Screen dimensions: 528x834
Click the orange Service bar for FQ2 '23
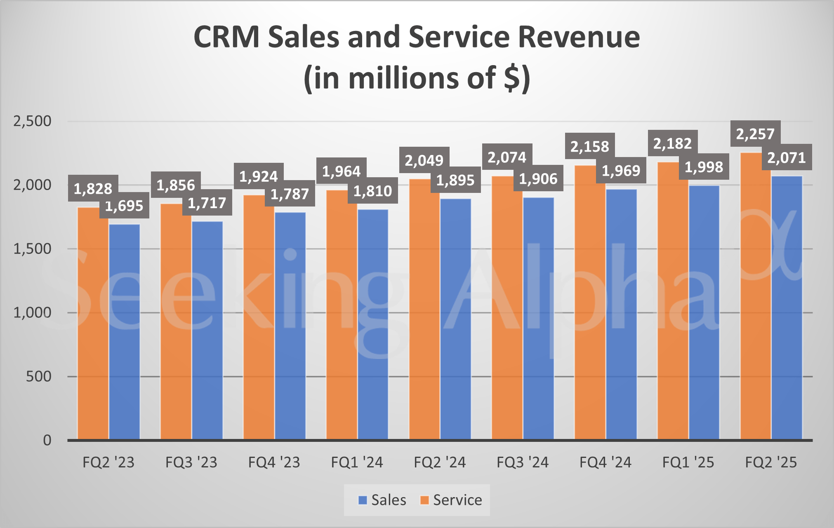coord(93,326)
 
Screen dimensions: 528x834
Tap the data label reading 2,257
coord(755,134)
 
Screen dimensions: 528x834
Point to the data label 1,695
coord(124,205)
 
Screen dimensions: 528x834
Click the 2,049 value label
coord(424,160)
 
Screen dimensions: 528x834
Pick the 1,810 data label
coord(372,190)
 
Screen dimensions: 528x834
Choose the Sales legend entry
coord(382,500)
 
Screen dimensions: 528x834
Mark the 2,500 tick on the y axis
coord(32,121)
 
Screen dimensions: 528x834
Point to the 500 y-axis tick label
coord(38,376)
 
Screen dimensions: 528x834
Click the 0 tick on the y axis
coord(47,440)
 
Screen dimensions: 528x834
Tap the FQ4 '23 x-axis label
coord(274,462)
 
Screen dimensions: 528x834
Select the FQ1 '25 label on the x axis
coord(688,462)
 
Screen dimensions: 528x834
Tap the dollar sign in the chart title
coord(511,78)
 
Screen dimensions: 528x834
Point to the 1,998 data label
coord(704,167)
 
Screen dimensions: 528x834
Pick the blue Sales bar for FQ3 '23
coord(207,330)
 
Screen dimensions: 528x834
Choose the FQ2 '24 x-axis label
coord(440,462)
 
